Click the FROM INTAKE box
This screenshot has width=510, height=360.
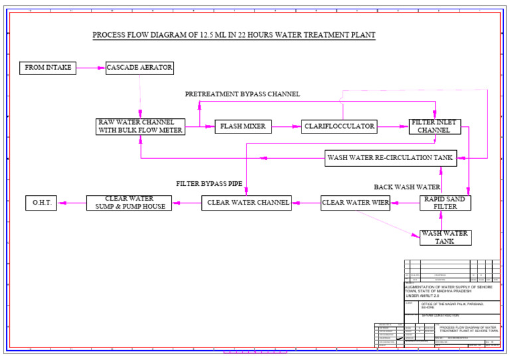48,68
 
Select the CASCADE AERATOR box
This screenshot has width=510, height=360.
139,68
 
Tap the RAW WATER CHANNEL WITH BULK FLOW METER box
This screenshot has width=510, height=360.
140,126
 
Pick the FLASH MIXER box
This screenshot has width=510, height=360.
243,126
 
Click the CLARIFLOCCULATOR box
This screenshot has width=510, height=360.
339,126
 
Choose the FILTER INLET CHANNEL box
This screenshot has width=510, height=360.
434,126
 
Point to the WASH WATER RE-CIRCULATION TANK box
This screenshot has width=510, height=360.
390,158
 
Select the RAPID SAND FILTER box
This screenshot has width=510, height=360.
445,203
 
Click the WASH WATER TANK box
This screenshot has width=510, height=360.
445,237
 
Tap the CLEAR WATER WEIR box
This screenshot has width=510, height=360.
355,203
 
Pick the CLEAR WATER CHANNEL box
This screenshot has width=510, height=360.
247,203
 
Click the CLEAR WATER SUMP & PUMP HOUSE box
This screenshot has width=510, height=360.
129,203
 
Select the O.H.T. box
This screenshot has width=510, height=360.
41,203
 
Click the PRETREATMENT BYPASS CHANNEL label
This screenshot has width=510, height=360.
242,94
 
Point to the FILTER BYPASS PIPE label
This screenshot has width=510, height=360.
209,183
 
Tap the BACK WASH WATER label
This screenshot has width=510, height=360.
407,187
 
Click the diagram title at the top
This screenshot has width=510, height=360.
234,35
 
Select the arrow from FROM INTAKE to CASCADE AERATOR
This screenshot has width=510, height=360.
91,68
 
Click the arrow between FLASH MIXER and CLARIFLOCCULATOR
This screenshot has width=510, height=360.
286,126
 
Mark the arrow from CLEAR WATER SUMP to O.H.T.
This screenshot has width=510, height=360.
72,203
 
